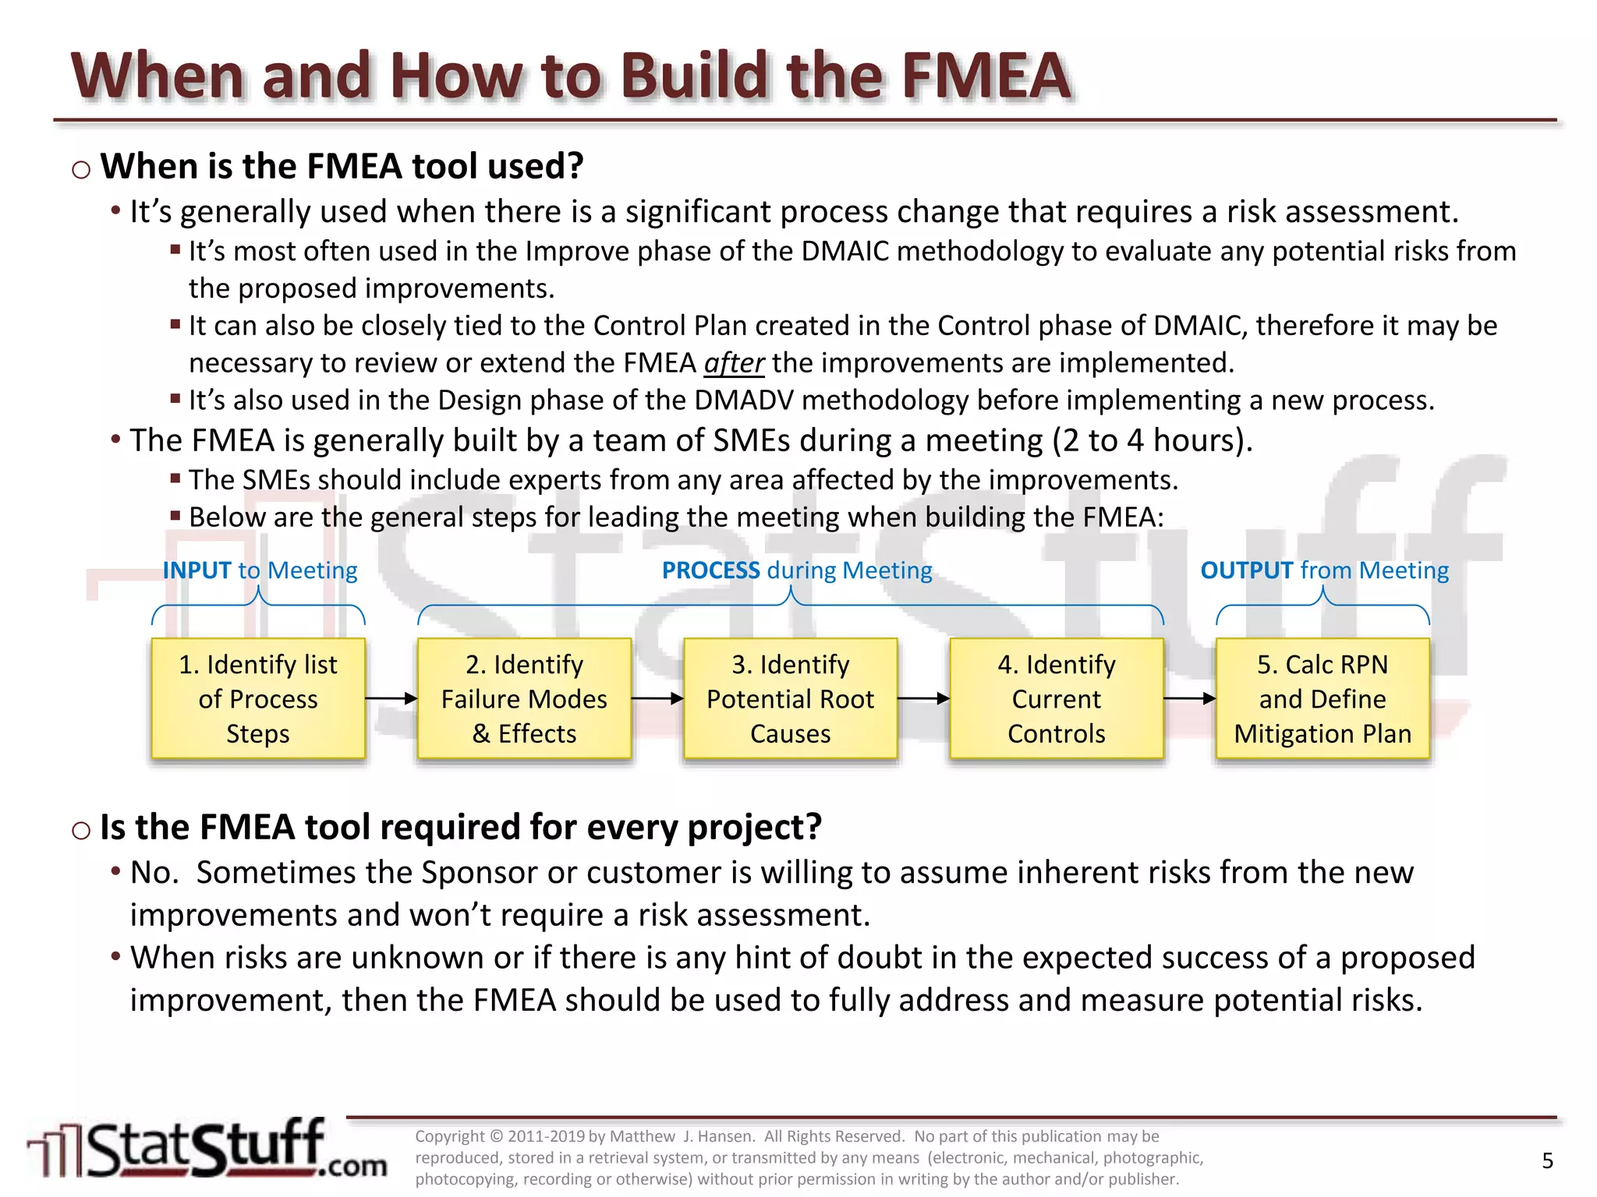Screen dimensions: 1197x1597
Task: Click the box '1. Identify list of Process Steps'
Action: (258, 698)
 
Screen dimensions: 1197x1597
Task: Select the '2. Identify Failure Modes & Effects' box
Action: (524, 698)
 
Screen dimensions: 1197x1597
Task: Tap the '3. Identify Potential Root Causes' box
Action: (790, 698)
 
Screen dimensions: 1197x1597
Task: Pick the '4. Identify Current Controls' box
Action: (1057, 698)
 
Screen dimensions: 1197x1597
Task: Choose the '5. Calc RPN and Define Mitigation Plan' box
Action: (1323, 698)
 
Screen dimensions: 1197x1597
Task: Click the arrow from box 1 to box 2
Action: (391, 699)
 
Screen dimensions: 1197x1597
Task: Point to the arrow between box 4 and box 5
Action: (1189, 699)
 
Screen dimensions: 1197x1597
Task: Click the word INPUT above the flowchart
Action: (197, 570)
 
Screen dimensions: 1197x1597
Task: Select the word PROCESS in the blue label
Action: (710, 570)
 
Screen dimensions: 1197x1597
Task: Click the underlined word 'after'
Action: (734, 363)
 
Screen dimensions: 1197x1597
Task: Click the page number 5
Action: (1548, 1161)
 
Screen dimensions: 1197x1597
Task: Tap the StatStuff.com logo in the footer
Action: (207, 1150)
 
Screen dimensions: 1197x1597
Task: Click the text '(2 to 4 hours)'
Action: (1152, 441)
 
